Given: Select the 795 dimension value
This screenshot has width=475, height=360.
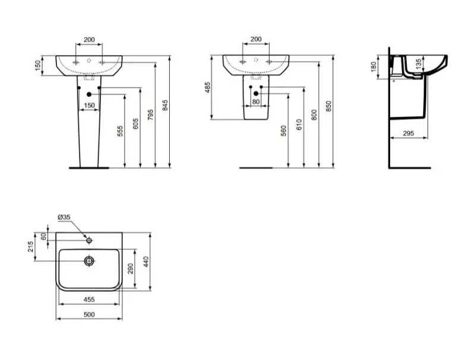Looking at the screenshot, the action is click(151, 115).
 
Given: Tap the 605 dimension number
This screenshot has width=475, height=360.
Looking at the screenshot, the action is click(136, 124).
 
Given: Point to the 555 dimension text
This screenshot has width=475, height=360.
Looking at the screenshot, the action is click(121, 131).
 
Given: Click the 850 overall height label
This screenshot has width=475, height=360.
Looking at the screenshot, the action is click(329, 106).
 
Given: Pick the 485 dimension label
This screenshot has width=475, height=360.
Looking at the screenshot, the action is click(207, 87).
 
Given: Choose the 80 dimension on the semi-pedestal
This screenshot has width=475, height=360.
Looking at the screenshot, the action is click(256, 102).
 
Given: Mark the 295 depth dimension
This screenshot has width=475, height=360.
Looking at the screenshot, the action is click(408, 133).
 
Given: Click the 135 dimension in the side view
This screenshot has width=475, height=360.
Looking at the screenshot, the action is click(418, 64).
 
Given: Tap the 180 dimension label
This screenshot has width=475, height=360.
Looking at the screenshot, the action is click(373, 67).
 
